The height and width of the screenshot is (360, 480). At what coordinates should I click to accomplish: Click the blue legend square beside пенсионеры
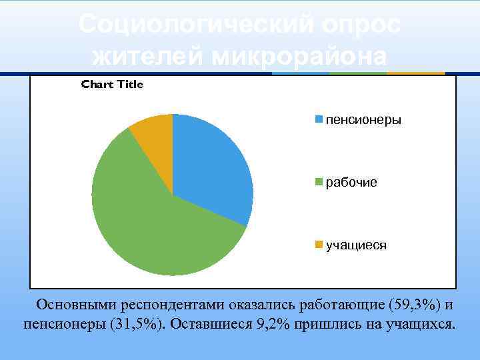[319, 120]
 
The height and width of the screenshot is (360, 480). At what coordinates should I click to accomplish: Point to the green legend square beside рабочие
[319, 182]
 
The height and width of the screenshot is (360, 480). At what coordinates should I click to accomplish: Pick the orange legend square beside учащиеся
[319, 245]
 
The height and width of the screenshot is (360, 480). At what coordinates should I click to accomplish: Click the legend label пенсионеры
[363, 120]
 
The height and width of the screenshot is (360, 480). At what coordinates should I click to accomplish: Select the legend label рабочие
[351, 182]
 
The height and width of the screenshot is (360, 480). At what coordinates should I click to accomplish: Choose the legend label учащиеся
[356, 245]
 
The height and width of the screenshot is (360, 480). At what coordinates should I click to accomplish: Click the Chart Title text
[112, 85]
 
